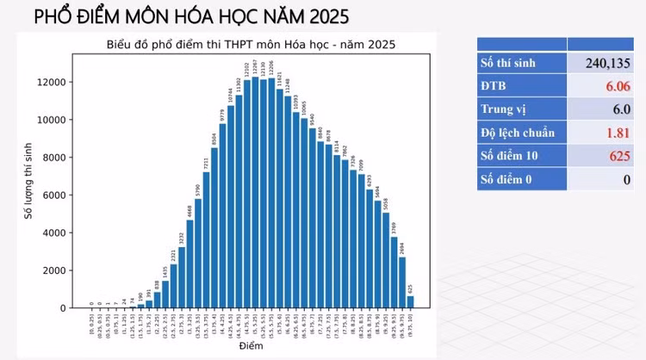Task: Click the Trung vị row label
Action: click(x=504, y=109)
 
